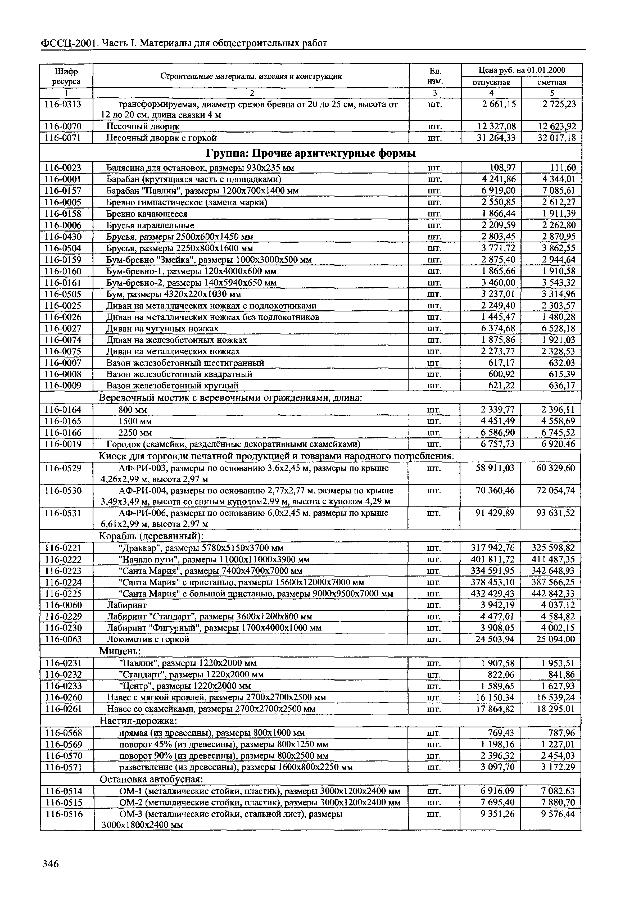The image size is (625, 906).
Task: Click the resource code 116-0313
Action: pyautogui.click(x=63, y=104)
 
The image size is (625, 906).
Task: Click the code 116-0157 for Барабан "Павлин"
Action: pyautogui.click(x=63, y=191)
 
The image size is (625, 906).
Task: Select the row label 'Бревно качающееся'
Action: pyautogui.click(x=147, y=214)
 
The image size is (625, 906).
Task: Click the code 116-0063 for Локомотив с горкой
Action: pyautogui.click(x=63, y=639)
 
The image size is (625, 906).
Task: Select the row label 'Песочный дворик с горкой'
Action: pyautogui.click(x=161, y=138)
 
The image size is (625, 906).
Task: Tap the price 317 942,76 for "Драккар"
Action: pyautogui.click(x=493, y=548)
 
